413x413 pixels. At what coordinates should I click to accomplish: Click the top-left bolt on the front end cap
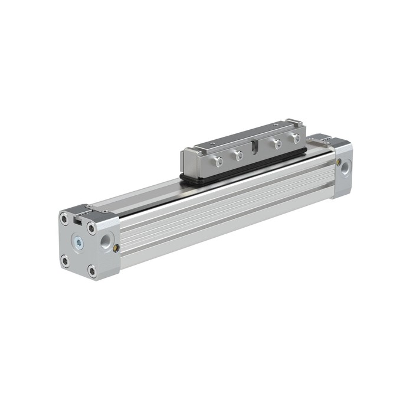64,218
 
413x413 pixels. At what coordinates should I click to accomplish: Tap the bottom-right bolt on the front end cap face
92,271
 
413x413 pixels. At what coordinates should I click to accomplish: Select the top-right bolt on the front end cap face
91,228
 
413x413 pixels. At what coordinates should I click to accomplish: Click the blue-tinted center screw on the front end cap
77,242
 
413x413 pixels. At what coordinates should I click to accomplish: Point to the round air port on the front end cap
106,241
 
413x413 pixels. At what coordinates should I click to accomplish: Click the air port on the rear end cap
345,169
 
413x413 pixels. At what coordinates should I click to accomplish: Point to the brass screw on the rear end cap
338,161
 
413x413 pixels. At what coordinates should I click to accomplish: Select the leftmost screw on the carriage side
218,161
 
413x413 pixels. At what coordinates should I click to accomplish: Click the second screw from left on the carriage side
238,156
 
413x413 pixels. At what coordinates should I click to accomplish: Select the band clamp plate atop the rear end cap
322,139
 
